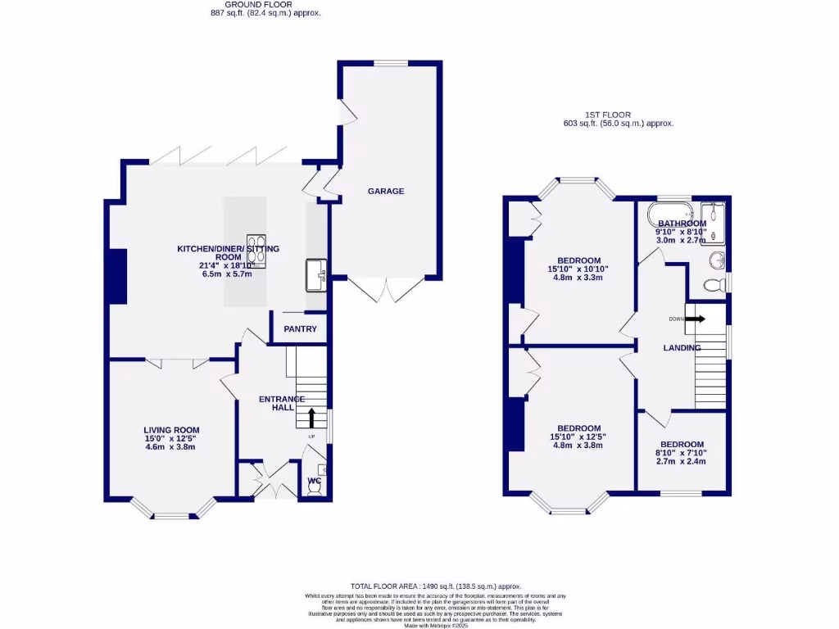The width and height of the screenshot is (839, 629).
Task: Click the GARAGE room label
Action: pyautogui.click(x=385, y=191)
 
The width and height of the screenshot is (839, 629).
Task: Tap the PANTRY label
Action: pyautogui.click(x=299, y=329)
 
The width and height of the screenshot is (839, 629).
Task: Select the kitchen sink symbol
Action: pyautogui.click(x=315, y=276)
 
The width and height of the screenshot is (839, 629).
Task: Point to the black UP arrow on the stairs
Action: pyautogui.click(x=311, y=418)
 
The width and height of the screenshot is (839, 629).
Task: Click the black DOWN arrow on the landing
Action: pyautogui.click(x=694, y=319)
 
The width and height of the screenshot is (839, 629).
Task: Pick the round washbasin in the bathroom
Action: pyautogui.click(x=716, y=261)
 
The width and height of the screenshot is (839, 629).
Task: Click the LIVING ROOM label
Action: pyautogui.click(x=171, y=430)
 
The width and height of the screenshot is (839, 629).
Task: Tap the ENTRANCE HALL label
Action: pyautogui.click(x=282, y=403)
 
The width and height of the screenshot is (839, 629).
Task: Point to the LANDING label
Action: pyautogui.click(x=682, y=348)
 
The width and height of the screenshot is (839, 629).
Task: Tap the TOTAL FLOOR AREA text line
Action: pyautogui.click(x=436, y=586)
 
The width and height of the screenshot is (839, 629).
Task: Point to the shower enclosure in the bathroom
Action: pyautogui.click(x=715, y=223)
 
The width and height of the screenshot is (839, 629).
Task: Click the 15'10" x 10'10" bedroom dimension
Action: pyautogui.click(x=579, y=269)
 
